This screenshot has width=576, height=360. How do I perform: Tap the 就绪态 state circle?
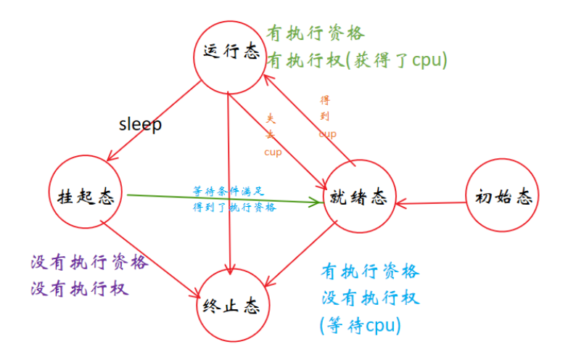click(358, 197)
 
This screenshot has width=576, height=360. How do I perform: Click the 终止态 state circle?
click(231, 306)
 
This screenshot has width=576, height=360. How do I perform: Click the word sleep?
click(140, 124)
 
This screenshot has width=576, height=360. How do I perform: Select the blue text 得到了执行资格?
click(234, 207)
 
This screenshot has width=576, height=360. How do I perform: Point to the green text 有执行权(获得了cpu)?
click(356, 60)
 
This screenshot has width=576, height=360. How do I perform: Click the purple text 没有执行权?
click(80, 288)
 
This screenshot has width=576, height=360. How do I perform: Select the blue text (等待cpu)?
click(360, 325)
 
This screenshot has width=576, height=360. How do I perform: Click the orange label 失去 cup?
click(272, 134)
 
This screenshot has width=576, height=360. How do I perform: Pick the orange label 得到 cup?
click(327, 116)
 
